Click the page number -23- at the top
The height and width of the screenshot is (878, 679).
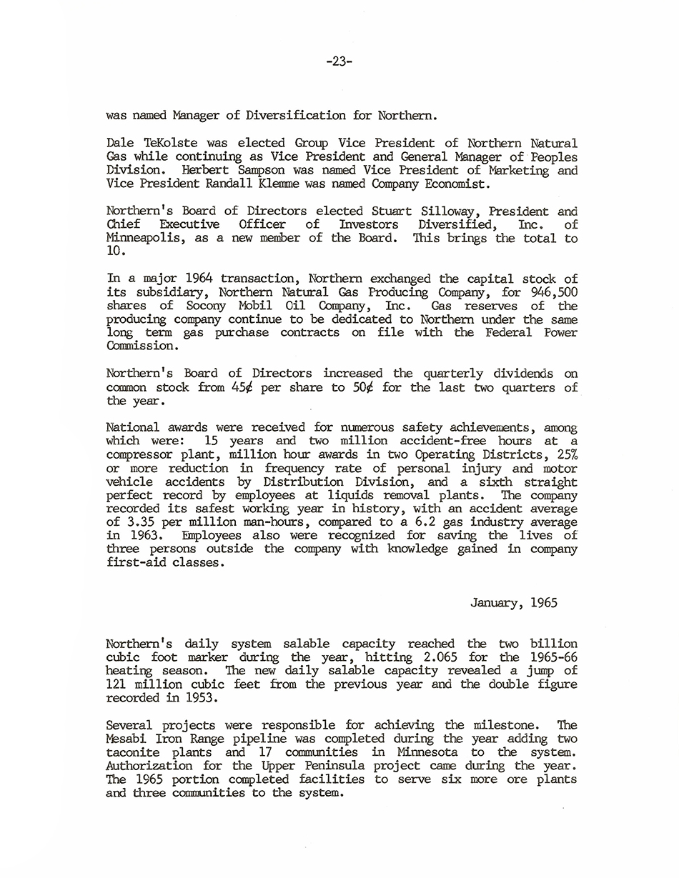339,61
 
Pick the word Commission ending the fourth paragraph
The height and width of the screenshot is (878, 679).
140,346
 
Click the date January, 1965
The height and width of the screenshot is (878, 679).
513,603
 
